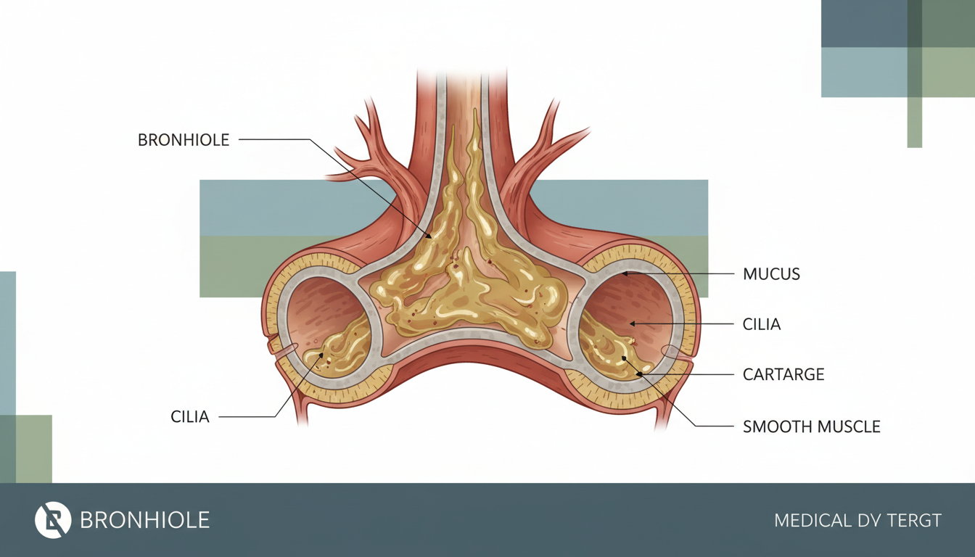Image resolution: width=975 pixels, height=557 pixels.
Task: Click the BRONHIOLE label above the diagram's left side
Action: click(x=184, y=140)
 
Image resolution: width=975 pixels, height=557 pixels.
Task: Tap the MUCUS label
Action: click(x=771, y=274)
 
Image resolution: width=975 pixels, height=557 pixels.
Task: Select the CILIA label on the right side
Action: click(x=762, y=324)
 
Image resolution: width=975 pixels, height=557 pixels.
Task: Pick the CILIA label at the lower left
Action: click(x=190, y=417)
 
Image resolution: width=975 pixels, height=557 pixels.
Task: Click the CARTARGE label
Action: click(x=783, y=375)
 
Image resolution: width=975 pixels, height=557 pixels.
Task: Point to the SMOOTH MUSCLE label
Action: click(x=811, y=426)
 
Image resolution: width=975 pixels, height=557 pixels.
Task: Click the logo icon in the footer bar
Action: click(x=53, y=520)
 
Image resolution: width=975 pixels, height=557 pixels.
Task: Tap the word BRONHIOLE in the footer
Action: click(x=144, y=520)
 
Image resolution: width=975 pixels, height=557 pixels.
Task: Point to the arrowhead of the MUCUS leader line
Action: click(x=625, y=274)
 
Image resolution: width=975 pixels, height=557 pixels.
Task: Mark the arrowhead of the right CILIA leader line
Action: click(x=632, y=323)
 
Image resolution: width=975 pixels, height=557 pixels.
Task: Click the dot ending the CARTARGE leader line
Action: click(x=638, y=374)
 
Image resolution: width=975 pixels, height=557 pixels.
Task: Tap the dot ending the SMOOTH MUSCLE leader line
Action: click(x=622, y=358)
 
